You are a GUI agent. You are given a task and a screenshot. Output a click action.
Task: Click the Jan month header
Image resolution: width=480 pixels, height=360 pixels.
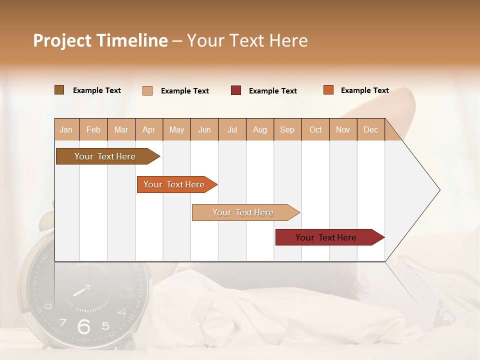pyautogui.click(x=66, y=129)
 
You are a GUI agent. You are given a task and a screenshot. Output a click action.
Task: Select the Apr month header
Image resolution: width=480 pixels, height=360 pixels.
pyautogui.click(x=148, y=129)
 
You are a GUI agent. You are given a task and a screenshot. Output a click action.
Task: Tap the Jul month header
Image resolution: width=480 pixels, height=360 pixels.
pyautogui.click(x=232, y=129)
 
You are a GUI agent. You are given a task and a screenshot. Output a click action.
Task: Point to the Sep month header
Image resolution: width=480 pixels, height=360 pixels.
pyautogui.click(x=287, y=129)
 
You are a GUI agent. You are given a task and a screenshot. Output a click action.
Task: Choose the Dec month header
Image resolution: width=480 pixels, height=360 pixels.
pyautogui.click(x=370, y=129)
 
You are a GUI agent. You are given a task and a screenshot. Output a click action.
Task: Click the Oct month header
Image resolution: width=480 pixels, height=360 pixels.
pyautogui.click(x=315, y=129)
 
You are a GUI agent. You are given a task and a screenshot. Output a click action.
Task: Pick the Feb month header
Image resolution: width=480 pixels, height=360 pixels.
pyautogui.click(x=93, y=129)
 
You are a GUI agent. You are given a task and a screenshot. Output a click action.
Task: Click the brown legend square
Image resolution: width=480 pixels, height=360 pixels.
pyautogui.click(x=59, y=90)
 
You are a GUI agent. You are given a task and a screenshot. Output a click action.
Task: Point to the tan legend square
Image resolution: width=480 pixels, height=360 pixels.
pyautogui.click(x=147, y=90)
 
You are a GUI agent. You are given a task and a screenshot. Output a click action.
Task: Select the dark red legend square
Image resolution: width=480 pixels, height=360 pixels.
pyautogui.click(x=236, y=90)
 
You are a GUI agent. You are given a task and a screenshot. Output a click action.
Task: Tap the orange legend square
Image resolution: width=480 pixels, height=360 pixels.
pyautogui.click(x=328, y=90)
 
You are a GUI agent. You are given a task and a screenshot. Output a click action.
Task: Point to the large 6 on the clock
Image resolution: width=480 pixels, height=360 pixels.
pyautogui.click(x=84, y=326)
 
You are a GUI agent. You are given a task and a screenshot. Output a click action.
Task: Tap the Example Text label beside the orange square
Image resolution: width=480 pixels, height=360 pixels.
pyautogui.click(x=364, y=90)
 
